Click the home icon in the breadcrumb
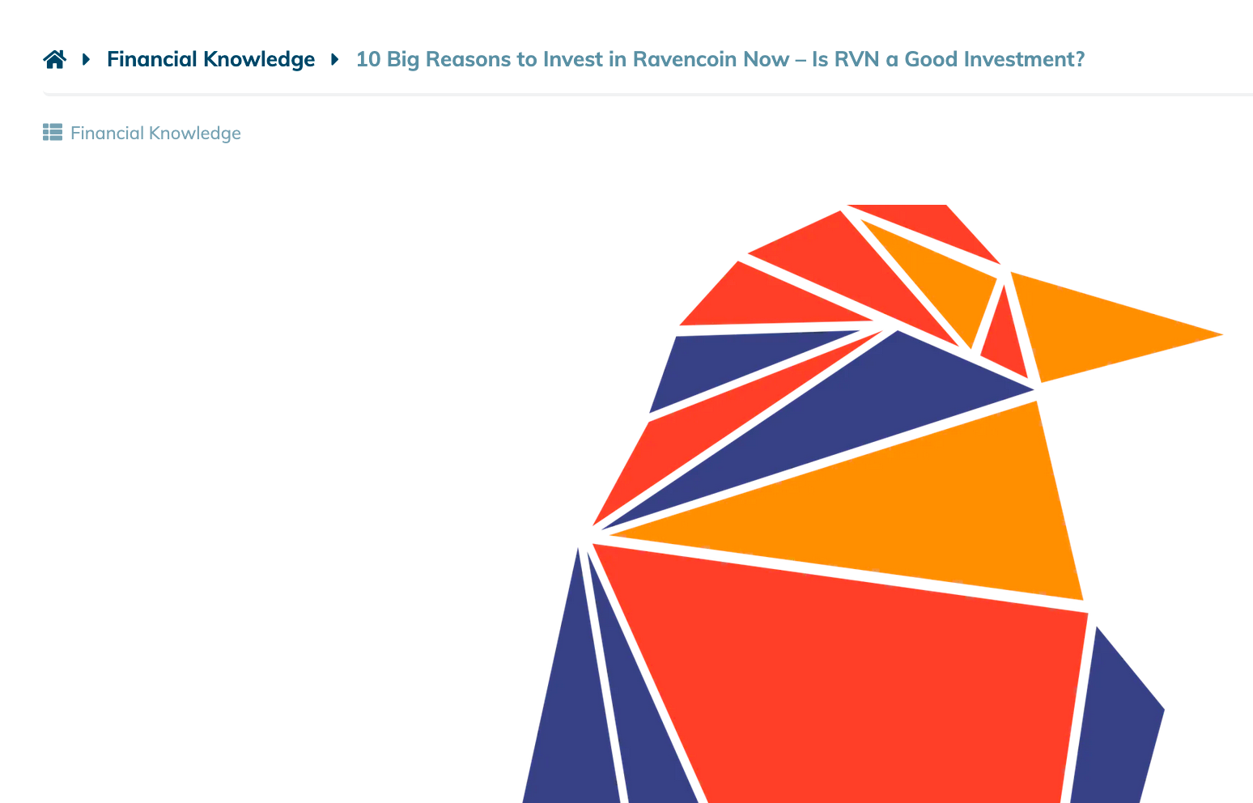[55, 59]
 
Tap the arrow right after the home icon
[86, 59]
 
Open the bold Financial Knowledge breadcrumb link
[211, 59]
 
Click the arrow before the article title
[334, 59]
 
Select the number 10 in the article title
[368, 59]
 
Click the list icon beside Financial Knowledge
[53, 132]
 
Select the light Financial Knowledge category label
[155, 134]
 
